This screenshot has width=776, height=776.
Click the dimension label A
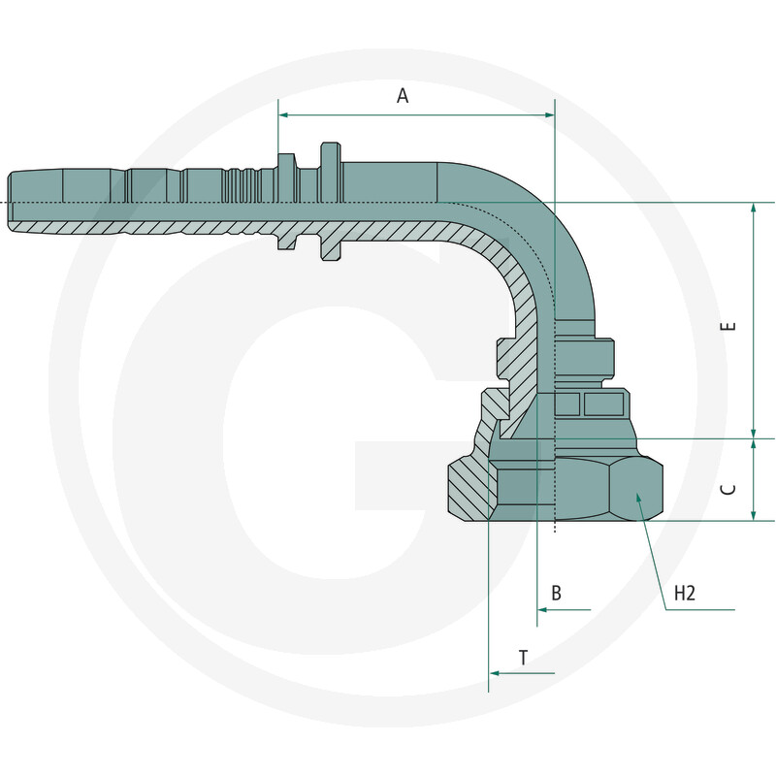(403, 95)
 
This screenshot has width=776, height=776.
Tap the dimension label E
(728, 326)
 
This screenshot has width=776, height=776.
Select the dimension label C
(728, 490)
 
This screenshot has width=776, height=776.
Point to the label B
(556, 593)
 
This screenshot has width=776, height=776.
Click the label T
(523, 658)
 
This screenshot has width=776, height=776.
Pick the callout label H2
(685, 593)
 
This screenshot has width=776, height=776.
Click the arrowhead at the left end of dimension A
(283, 114)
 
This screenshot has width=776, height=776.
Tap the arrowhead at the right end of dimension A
(549, 114)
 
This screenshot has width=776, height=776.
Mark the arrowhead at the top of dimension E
(754, 208)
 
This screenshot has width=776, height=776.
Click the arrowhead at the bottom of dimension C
(754, 516)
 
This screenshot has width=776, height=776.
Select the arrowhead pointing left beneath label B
(542, 610)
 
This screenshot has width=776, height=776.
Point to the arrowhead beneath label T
(494, 673)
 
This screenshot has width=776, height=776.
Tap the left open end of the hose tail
(9, 202)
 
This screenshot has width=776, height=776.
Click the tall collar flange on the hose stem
(331, 202)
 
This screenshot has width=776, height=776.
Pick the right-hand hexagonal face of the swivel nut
(635, 489)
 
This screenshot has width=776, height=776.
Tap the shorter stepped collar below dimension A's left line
(287, 202)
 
